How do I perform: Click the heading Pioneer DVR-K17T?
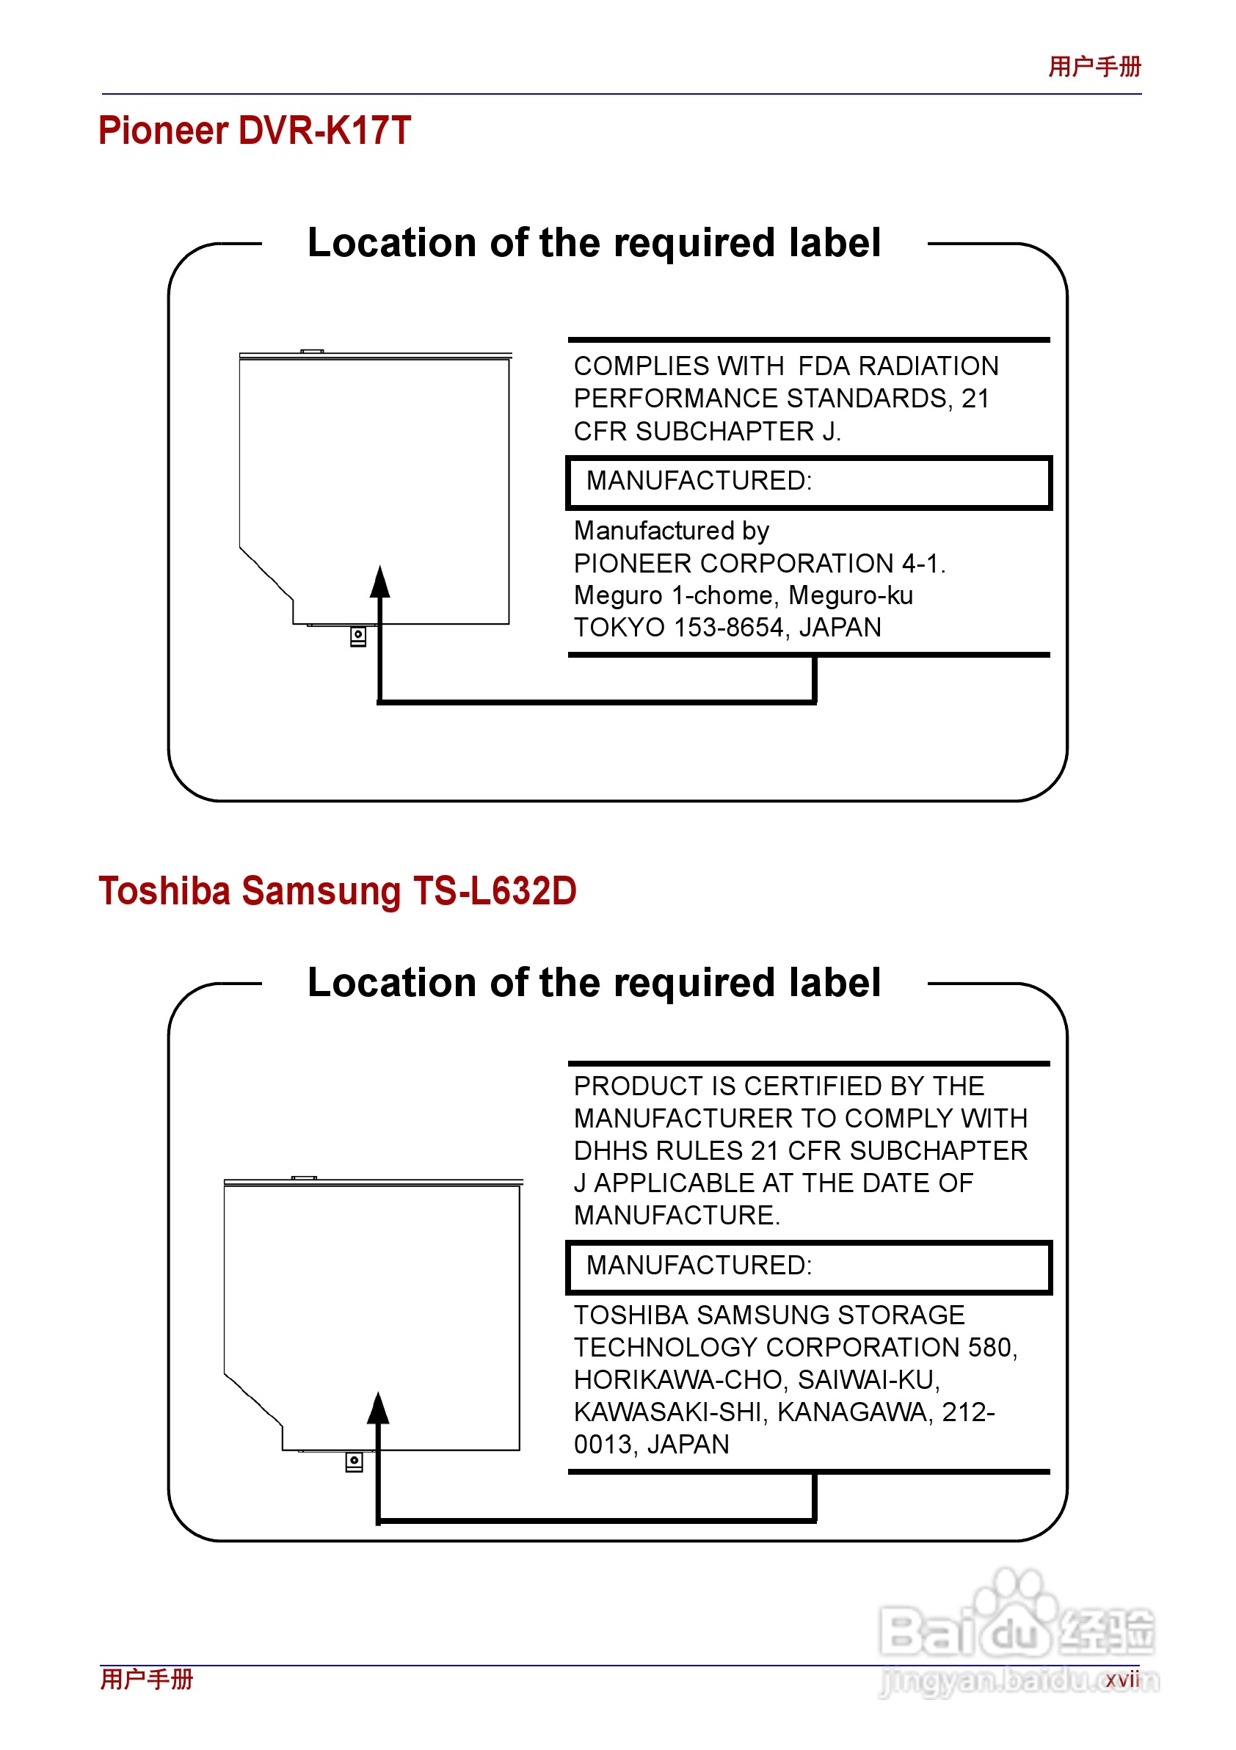point(255,131)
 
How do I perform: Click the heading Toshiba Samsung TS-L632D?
point(338,891)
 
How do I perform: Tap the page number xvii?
point(1122,1679)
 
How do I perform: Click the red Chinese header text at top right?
point(1094,67)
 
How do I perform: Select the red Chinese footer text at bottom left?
point(147,1679)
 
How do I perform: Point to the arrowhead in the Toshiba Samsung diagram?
point(378,1409)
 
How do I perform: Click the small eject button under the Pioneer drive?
point(358,636)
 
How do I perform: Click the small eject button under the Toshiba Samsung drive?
point(355,1461)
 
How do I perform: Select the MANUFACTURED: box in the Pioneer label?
point(809,482)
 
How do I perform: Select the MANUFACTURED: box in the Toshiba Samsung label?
point(809,1267)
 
